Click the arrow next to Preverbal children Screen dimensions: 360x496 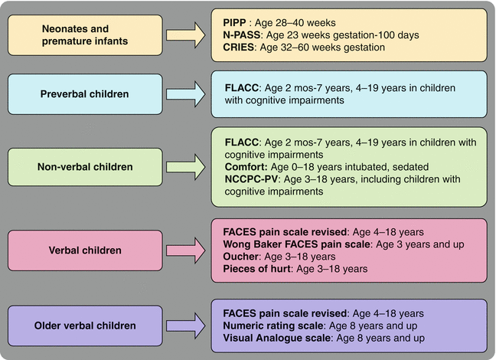click(187, 94)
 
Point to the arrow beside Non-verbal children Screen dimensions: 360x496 click(187, 167)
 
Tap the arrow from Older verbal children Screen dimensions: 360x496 click(187, 326)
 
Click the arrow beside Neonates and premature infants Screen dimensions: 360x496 click(187, 34)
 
